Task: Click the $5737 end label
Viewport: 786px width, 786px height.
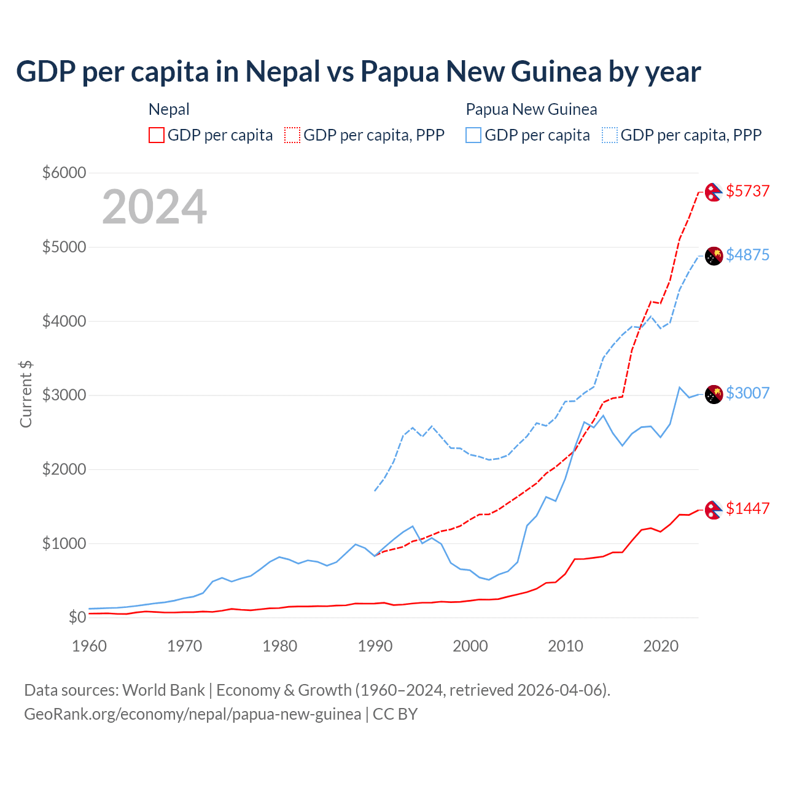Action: click(x=747, y=191)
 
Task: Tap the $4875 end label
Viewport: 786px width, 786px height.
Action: click(x=747, y=255)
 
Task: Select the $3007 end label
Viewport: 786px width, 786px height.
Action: click(x=747, y=393)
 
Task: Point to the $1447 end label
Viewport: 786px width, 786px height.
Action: click(x=747, y=508)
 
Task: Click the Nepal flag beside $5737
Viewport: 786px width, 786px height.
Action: click(x=714, y=192)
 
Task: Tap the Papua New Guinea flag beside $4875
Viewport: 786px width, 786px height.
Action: click(x=714, y=256)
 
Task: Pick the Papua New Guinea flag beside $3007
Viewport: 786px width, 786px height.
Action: click(x=714, y=394)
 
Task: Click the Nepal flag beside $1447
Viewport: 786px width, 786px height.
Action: click(x=714, y=510)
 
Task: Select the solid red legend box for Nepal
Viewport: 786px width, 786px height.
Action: click(x=157, y=135)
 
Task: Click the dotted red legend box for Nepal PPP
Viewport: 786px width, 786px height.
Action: click(x=292, y=135)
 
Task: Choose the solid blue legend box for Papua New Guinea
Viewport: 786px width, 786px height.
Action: click(x=473, y=135)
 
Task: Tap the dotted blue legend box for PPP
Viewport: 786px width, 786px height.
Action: click(x=610, y=135)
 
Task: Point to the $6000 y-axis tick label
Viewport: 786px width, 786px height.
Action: click(x=64, y=173)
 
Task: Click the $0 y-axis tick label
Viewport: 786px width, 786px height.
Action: click(x=76, y=617)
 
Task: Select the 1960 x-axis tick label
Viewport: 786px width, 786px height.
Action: click(x=90, y=646)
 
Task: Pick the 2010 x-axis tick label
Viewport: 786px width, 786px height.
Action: click(x=566, y=646)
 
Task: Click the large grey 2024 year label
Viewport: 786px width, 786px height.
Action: click(x=154, y=207)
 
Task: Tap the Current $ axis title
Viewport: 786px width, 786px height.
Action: click(x=26, y=394)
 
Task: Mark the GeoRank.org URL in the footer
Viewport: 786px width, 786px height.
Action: click(x=193, y=714)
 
